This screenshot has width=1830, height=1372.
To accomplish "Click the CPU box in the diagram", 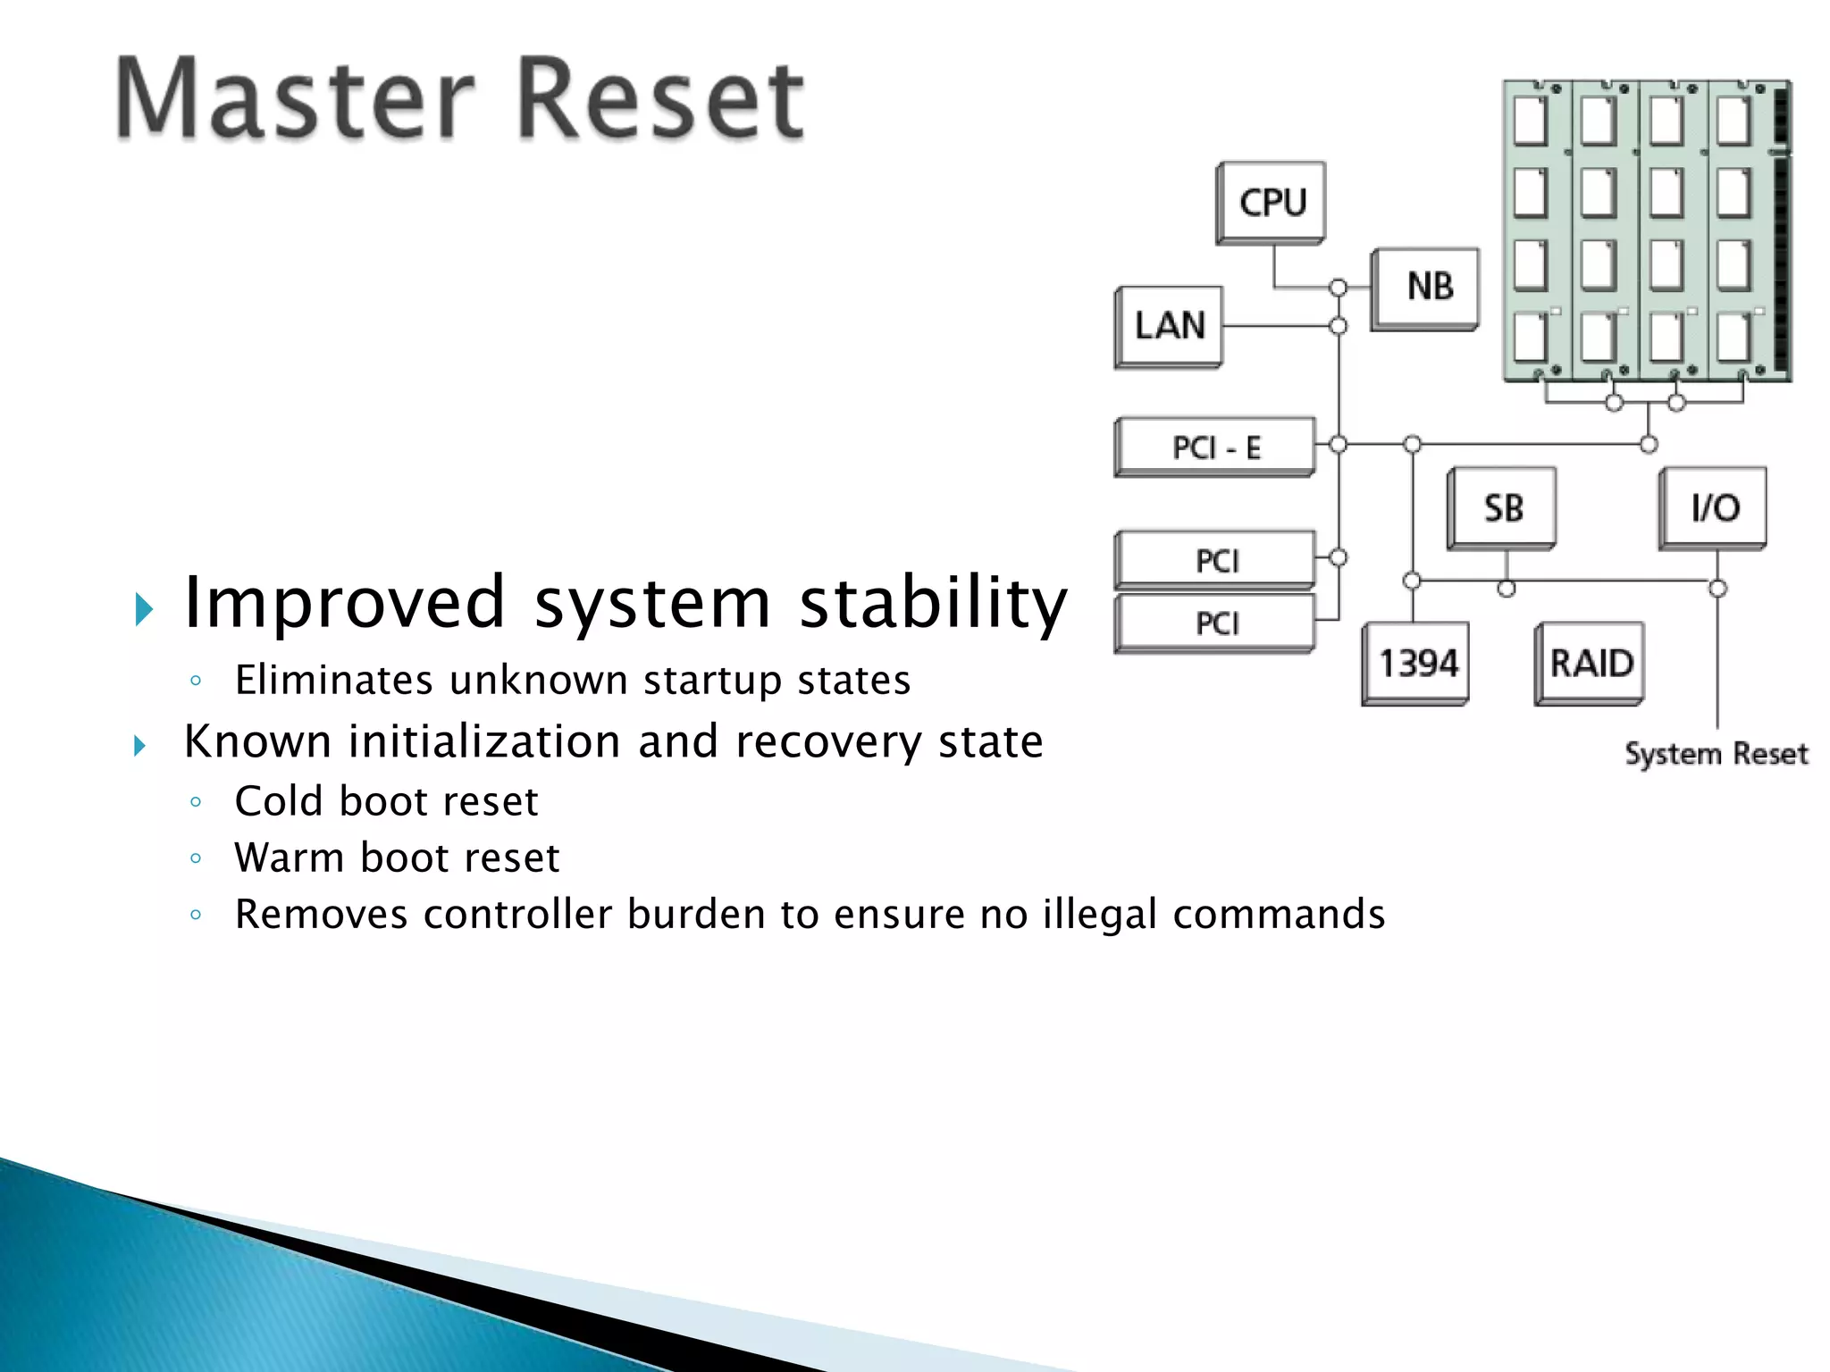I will click(1272, 202).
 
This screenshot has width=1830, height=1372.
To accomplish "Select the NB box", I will click(1426, 288).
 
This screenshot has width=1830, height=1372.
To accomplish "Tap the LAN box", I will click(1170, 325).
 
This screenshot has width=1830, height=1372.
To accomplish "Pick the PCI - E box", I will click(1215, 447).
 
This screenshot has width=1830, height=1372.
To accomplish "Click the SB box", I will click(1502, 507).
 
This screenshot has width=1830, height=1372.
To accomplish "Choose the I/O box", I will click(1714, 507).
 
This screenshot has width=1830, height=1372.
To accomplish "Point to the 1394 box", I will click(1416, 663).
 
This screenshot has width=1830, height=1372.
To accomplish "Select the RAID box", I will click(1591, 663).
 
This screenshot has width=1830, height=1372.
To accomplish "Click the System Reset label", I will click(1716, 754).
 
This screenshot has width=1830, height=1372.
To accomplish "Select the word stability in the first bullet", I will click(934, 603).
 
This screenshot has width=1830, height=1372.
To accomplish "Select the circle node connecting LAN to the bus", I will click(1338, 325).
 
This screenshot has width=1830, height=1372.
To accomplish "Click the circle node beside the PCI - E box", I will click(1338, 444).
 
